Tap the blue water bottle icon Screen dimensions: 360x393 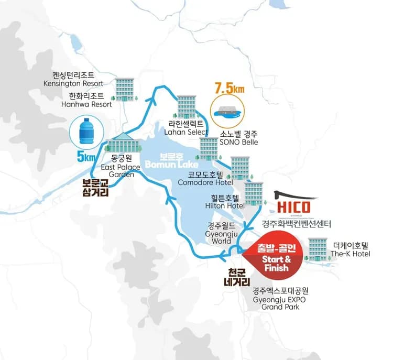[x=86, y=132]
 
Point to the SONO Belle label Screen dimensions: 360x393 [x=239, y=138]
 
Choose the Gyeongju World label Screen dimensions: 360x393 [x=222, y=234]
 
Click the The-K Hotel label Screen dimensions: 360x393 [x=351, y=249]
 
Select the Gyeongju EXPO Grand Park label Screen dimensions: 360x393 [x=280, y=298]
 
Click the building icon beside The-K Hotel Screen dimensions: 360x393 [x=318, y=248]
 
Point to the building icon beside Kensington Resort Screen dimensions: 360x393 [x=125, y=89]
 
